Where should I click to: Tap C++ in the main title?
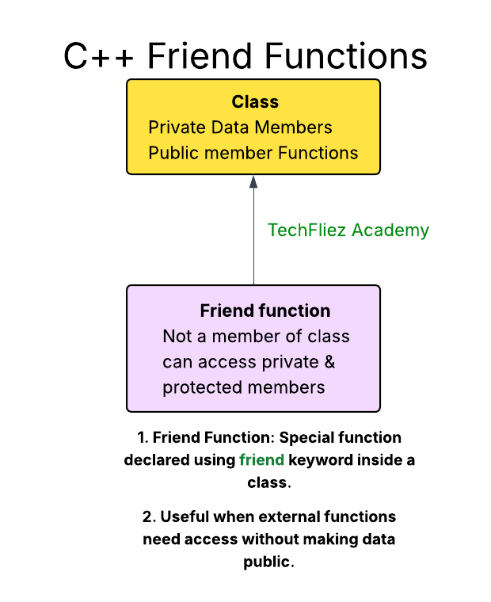click(x=101, y=56)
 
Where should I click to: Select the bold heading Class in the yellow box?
click(x=255, y=102)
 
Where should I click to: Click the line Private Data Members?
click(x=240, y=128)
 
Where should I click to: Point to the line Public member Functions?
click(x=253, y=153)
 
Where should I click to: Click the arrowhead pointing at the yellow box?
click(x=253, y=181)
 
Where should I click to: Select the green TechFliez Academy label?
click(x=348, y=231)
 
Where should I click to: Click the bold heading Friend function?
click(x=265, y=311)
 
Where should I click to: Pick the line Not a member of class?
click(x=256, y=336)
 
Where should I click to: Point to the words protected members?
click(x=244, y=387)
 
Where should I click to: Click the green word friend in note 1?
click(x=261, y=460)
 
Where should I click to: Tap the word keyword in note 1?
click(x=319, y=460)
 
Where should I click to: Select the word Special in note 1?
click(x=308, y=437)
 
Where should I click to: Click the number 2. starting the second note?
click(x=149, y=517)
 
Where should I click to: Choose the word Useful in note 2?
click(x=186, y=517)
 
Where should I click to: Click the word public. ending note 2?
click(x=268, y=562)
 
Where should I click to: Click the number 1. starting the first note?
click(x=143, y=437)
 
